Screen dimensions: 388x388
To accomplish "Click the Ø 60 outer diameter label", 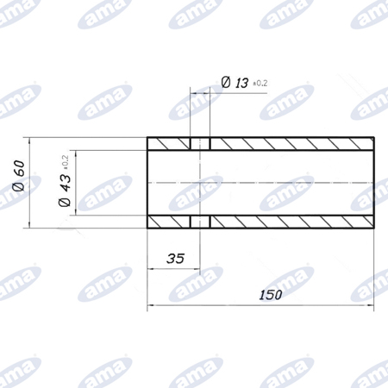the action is (19, 176).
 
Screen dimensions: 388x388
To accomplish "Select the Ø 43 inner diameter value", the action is (65, 190).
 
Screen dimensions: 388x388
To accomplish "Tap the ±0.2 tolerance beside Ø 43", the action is (65, 162).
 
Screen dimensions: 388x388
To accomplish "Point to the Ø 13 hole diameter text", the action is (235, 83).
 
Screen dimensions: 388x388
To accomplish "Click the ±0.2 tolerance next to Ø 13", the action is (260, 84).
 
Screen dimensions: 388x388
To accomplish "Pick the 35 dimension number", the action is (175, 259).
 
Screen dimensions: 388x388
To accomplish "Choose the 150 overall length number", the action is (271, 295).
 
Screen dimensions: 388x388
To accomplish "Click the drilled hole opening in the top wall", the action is (200, 144).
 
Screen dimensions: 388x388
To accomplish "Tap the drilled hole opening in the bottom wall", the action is (200, 222).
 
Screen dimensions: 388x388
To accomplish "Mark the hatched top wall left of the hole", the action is (168, 144).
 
